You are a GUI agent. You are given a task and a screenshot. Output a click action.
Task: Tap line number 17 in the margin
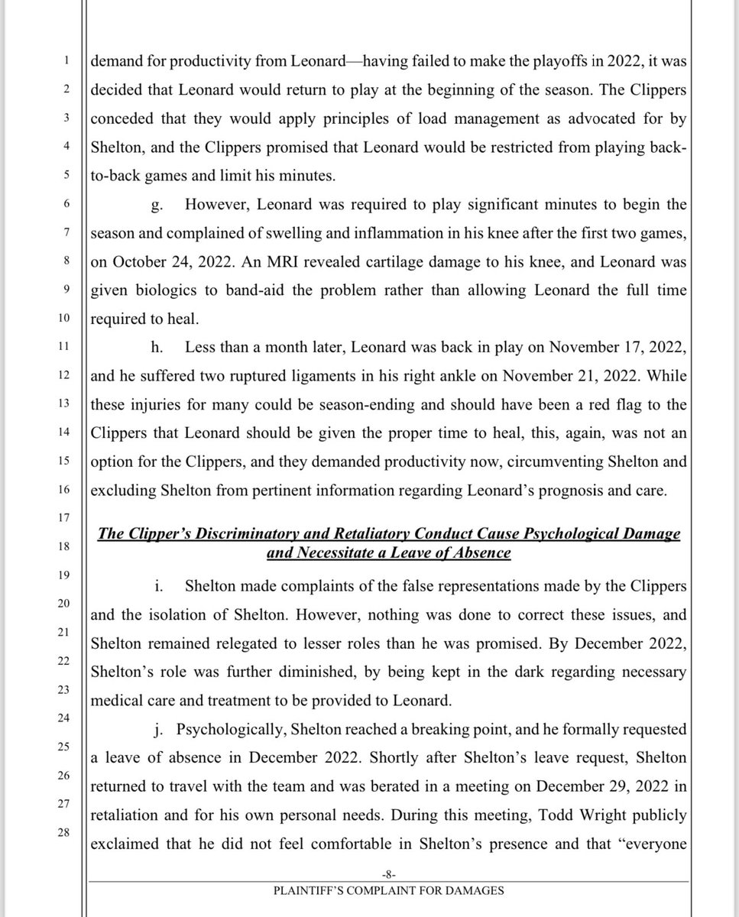pos(65,517)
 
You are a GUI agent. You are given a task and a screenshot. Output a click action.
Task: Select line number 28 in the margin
pos(65,832)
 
